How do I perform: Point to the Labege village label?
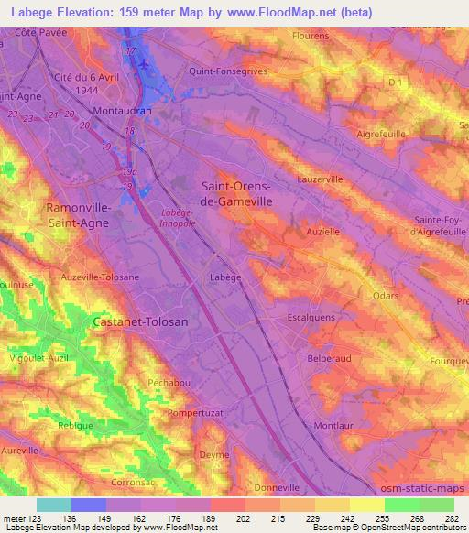click(224, 277)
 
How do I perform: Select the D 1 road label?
click(396, 84)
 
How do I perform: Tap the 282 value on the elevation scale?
click(451, 520)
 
